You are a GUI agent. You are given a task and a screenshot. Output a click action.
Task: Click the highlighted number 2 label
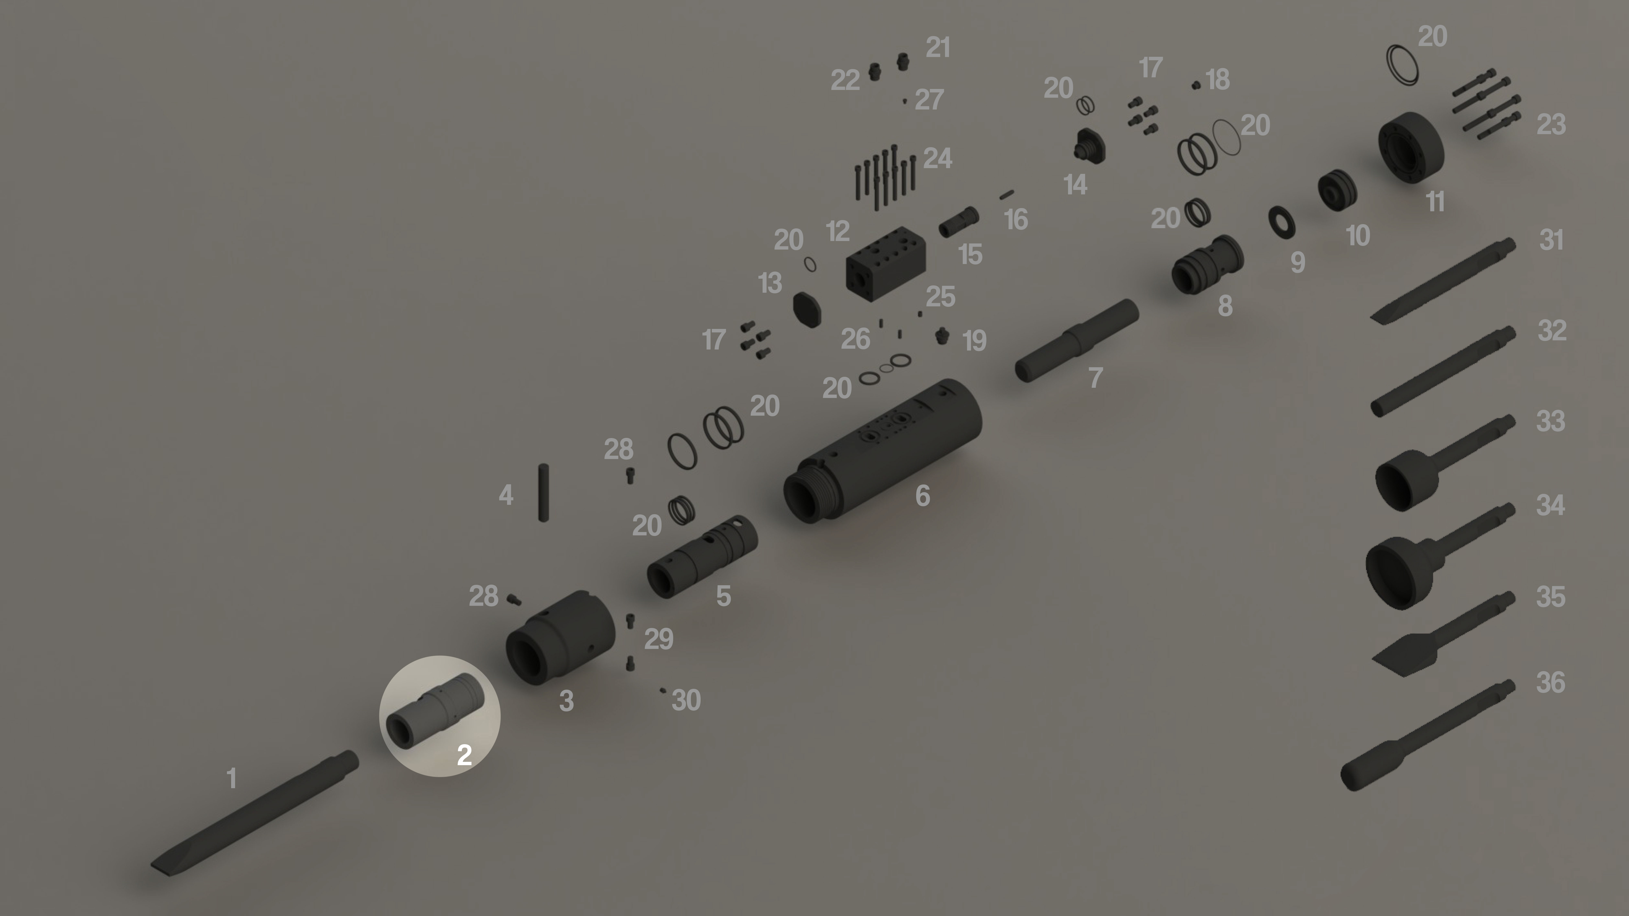[x=464, y=755]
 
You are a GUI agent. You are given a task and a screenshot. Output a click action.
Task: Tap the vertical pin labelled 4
[x=543, y=492]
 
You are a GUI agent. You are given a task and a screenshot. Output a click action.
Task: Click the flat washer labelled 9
[x=1282, y=222]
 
